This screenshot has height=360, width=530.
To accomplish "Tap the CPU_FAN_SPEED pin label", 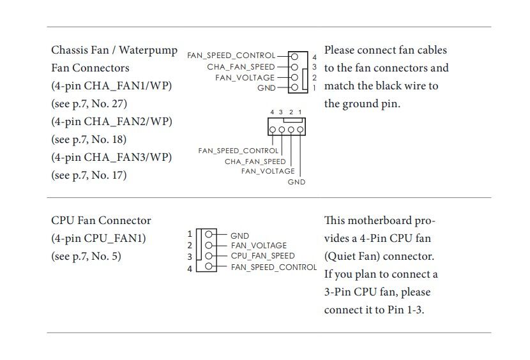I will tap(262, 256).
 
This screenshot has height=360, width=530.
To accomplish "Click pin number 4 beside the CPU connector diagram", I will tap(190, 269).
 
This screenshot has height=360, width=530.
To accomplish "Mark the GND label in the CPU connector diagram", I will tap(239, 236).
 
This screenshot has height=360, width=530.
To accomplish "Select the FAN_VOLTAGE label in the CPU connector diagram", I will tap(259, 246).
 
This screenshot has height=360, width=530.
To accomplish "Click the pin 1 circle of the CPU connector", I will tap(208, 235).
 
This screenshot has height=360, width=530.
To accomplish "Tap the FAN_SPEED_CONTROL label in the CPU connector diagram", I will tap(273, 267).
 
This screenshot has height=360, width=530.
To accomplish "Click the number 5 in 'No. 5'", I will tap(118, 257).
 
